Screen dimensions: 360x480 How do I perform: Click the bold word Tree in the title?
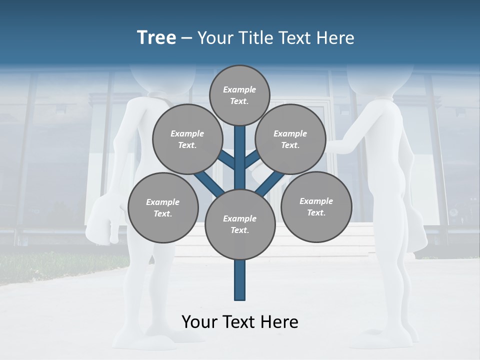(156, 38)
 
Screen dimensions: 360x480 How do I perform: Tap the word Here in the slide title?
(335, 38)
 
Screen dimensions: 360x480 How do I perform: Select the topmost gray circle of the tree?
(239, 95)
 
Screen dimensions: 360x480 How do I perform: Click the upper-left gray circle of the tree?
(187, 139)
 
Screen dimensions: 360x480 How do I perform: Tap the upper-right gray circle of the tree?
(290, 139)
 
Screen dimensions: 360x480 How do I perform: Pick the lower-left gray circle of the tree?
(163, 207)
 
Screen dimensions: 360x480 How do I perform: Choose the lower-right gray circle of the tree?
(316, 206)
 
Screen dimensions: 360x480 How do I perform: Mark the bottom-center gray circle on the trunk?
(240, 224)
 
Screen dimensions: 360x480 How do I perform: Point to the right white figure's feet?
(385, 340)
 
